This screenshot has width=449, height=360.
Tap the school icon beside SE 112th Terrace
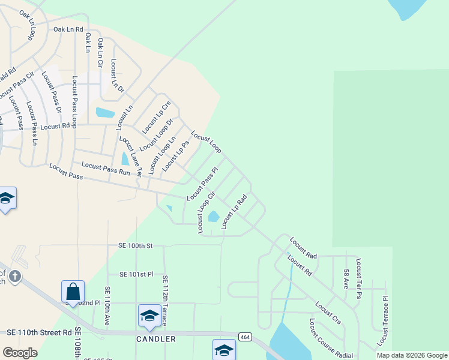tap(149, 316)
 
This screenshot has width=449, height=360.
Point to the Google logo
tap(20, 353)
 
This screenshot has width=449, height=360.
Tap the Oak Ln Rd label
tap(68, 29)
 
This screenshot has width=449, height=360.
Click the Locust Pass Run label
tap(106, 169)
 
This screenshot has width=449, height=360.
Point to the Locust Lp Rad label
tap(235, 211)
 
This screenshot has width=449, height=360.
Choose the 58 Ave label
tap(346, 280)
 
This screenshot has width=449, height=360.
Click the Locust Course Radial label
tap(331, 339)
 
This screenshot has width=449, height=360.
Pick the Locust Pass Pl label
tap(202, 183)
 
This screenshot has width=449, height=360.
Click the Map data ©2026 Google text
tap(411, 355)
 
